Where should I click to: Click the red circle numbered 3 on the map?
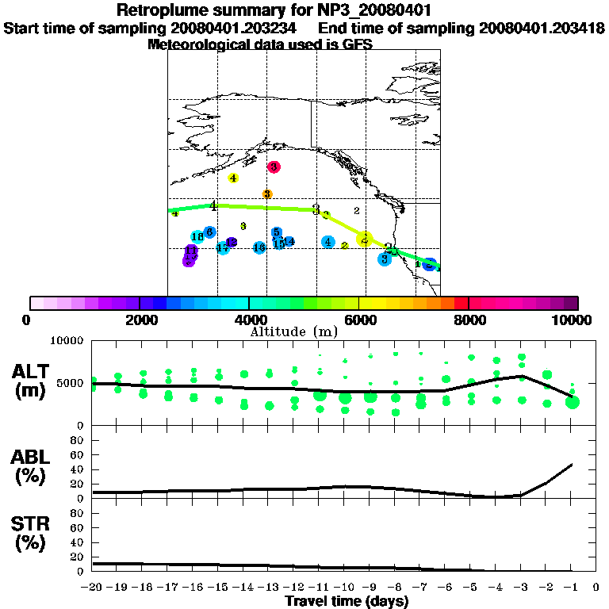(x=274, y=167)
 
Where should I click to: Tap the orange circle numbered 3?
(x=267, y=194)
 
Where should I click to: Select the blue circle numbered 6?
(x=209, y=232)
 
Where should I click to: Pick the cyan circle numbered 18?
(x=197, y=236)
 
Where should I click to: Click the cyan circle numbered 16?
(x=259, y=247)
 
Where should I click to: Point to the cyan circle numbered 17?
(x=223, y=248)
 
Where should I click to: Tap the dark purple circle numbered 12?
(x=232, y=242)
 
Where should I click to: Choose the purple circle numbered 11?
(x=191, y=251)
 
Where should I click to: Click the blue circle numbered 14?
(x=289, y=241)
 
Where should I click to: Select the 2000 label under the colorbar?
(x=140, y=320)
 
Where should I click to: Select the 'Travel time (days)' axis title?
(x=347, y=601)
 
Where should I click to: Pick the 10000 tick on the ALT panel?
(x=68, y=340)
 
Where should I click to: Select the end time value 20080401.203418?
(x=542, y=29)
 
